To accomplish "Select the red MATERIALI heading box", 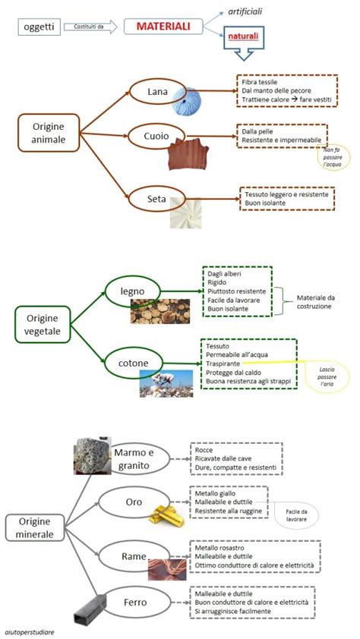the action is (163, 27).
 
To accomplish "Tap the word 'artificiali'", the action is (245, 11).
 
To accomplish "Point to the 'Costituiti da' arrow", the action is (90, 27).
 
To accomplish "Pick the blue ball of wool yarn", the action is (186, 102).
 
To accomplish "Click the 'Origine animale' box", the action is (49, 133).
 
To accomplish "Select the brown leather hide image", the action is (188, 153).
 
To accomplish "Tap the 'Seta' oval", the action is (157, 199).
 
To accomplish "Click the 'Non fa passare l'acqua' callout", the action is (334, 157).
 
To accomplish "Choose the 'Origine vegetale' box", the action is (43, 324).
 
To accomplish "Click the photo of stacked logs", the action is (160, 311).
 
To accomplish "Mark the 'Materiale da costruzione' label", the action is (314, 301).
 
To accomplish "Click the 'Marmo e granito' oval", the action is (140, 458).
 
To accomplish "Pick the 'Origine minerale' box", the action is (35, 527).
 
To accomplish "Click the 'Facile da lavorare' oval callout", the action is (296, 516).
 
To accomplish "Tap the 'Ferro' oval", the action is (135, 603).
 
